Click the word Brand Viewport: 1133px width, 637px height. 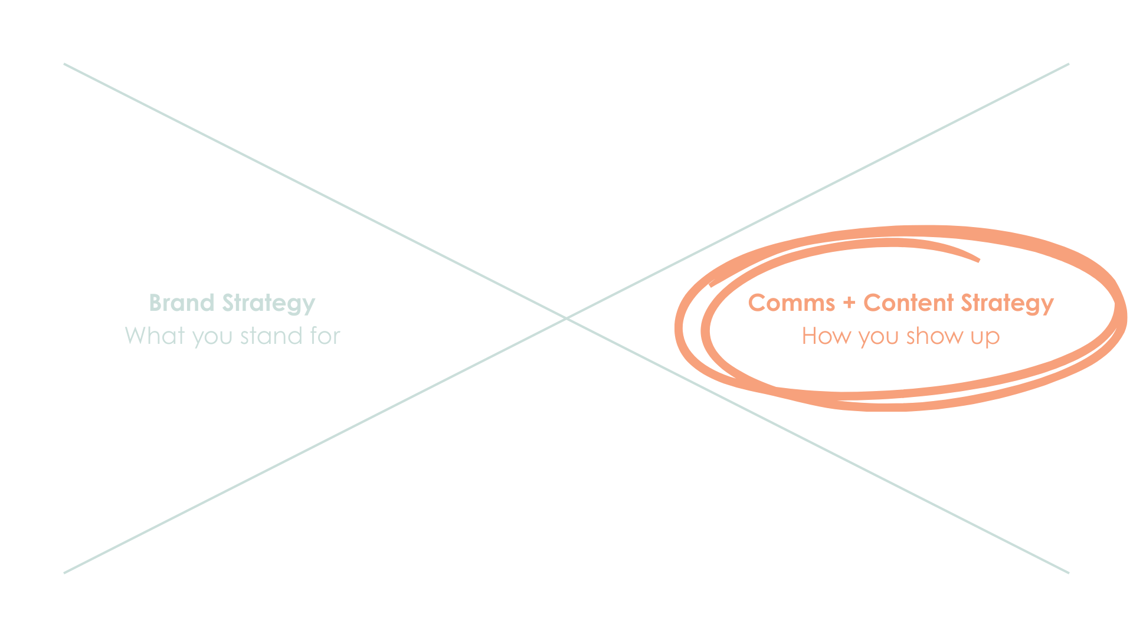181,303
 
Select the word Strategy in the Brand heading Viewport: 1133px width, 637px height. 268,304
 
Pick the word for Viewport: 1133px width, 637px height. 325,336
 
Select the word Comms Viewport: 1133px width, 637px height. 791,303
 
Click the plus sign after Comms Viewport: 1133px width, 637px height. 849,303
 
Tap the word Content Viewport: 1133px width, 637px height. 909,303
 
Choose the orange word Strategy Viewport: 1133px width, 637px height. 1007,304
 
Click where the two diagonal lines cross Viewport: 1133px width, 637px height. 566,318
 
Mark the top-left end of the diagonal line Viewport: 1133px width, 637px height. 64,64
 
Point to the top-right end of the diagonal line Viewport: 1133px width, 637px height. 1069,64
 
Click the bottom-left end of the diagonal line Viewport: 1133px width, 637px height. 64,572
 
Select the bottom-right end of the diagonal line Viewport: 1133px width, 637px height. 1069,572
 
